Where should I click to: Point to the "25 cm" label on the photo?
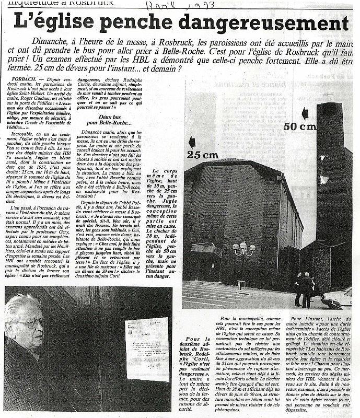pos(203,155)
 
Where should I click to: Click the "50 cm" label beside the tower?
pos(299,126)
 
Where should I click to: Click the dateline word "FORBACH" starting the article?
pos(18,79)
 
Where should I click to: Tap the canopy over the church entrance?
pos(206,249)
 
